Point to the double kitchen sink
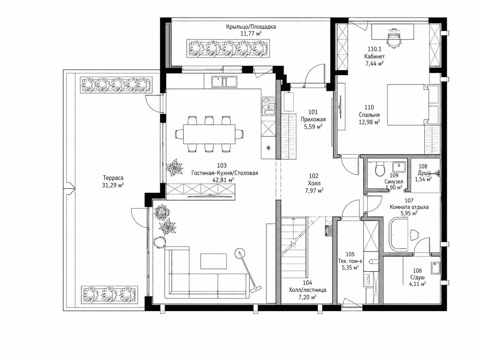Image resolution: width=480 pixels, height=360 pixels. [224, 81]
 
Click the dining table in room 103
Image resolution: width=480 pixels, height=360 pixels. [209, 134]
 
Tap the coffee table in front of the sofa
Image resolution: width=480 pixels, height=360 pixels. [214, 261]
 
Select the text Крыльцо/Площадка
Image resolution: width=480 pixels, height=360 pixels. [251, 27]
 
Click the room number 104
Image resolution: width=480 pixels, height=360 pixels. [308, 283]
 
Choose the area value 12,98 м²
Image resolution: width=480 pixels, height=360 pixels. [369, 122]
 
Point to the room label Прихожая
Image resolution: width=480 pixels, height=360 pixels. [313, 119]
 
